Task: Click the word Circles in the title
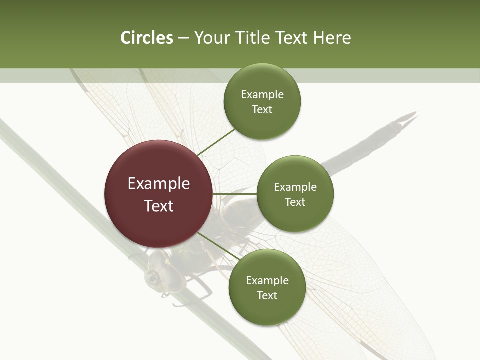[146, 38]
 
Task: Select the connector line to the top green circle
[216, 141]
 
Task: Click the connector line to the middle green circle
[235, 194]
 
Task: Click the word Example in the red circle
[158, 184]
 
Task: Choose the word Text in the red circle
[158, 206]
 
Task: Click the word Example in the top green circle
[262, 95]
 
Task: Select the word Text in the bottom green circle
[267, 295]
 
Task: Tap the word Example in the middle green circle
[295, 187]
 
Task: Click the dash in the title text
[183, 38]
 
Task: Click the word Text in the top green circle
[262, 110]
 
